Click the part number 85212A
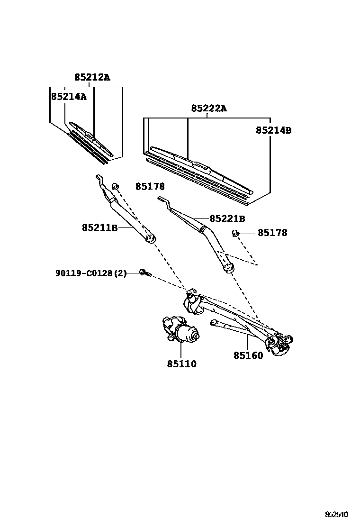[92, 77]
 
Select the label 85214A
[69, 97]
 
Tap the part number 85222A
[209, 109]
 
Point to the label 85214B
[274, 130]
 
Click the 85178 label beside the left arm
[150, 187]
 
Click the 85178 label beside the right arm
[272, 233]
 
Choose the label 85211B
[99, 228]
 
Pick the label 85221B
[227, 219]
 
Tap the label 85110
[181, 364]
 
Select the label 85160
[248, 355]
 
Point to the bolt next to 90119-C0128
[145, 273]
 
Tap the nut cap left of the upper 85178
[115, 186]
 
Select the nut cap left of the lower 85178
[235, 233]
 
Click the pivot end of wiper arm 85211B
[151, 238]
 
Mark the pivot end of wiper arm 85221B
[228, 269]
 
